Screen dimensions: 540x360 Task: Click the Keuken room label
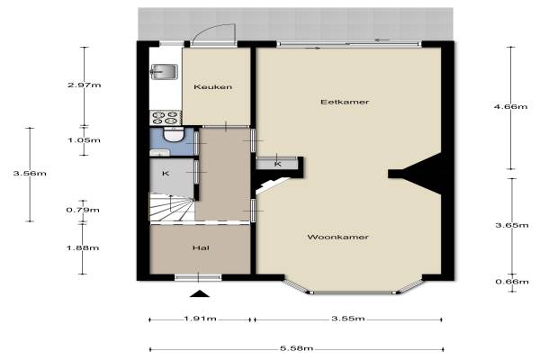tap(212, 86)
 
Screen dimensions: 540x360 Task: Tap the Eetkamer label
tap(345, 102)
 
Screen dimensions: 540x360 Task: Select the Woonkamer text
tap(337, 237)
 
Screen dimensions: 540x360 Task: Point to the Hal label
tap(201, 248)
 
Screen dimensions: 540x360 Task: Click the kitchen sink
tap(164, 72)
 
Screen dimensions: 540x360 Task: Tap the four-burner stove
tap(166, 118)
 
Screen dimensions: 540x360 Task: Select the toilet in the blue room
tap(173, 134)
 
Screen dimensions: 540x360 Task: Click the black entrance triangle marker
tap(200, 293)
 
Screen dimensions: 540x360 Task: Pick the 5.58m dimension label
tap(296, 348)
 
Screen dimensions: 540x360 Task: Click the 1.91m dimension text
tap(200, 319)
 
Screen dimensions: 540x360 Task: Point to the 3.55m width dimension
tap(348, 319)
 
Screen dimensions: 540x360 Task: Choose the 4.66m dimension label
tap(510, 107)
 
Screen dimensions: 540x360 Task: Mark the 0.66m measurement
tap(512, 282)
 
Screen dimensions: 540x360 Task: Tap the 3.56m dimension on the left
tap(30, 174)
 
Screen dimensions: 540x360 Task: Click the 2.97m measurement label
tap(85, 85)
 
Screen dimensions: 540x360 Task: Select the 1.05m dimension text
tap(84, 140)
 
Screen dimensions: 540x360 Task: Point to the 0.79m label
tap(83, 210)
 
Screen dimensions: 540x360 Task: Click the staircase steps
tap(171, 207)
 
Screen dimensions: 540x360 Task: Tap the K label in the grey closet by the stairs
tap(166, 174)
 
